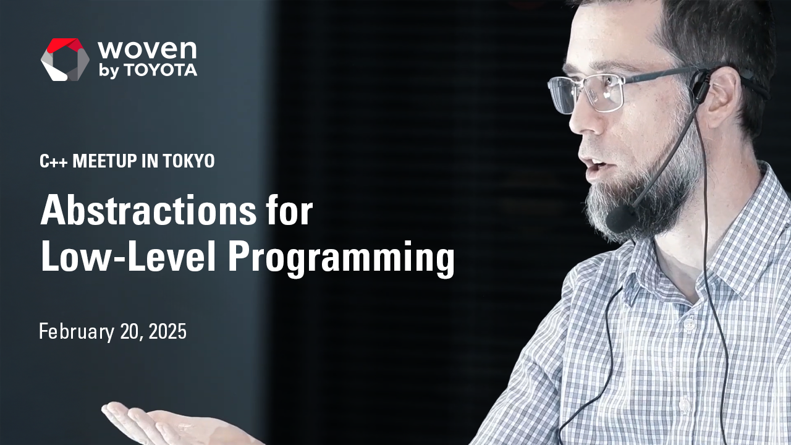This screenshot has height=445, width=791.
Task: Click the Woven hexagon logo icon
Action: (65, 59)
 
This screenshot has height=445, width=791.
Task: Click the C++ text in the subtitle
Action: (54, 161)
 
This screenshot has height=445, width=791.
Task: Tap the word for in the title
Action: (290, 212)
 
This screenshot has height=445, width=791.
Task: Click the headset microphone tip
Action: (620, 219)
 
